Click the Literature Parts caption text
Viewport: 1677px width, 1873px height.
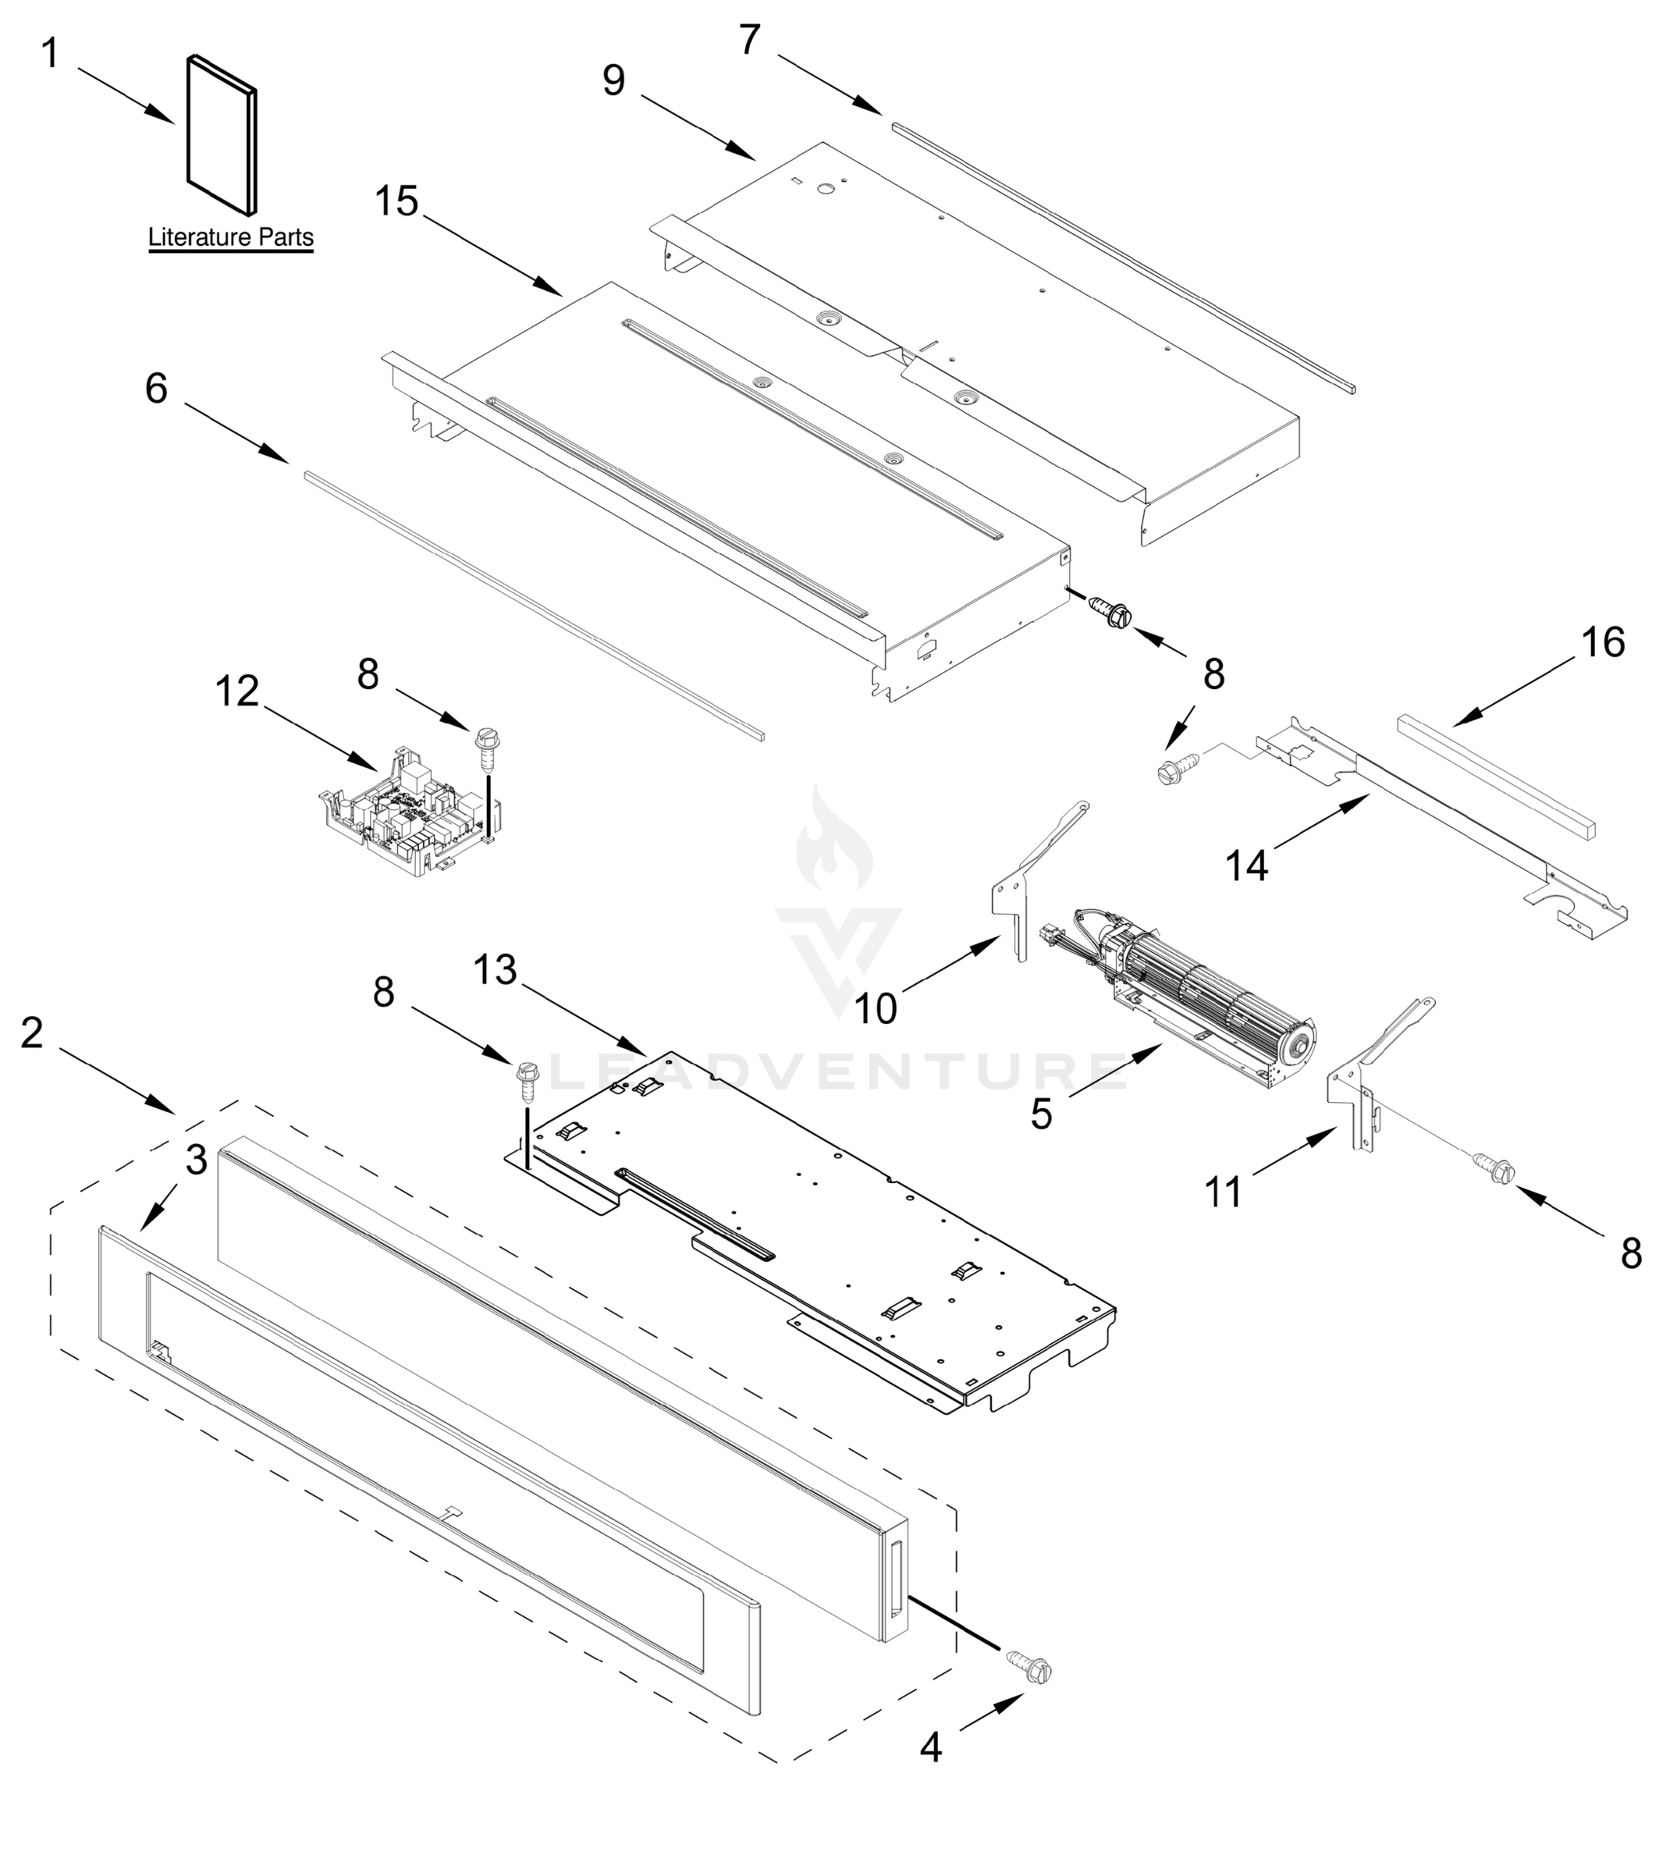tap(230, 238)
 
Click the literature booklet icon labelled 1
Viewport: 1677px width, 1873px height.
tap(221, 136)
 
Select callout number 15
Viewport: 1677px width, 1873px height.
tap(397, 202)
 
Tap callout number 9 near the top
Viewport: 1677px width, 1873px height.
tap(613, 81)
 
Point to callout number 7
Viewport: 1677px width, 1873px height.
tap(749, 41)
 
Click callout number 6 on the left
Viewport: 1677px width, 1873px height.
tap(157, 389)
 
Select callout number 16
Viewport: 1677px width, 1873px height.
tap(1604, 642)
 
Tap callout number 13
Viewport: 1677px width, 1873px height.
tap(495, 969)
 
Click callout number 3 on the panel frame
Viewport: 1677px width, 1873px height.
tap(197, 1160)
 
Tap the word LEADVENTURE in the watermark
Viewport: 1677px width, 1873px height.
tap(838, 1072)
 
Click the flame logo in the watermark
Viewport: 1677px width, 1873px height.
tap(834, 843)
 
